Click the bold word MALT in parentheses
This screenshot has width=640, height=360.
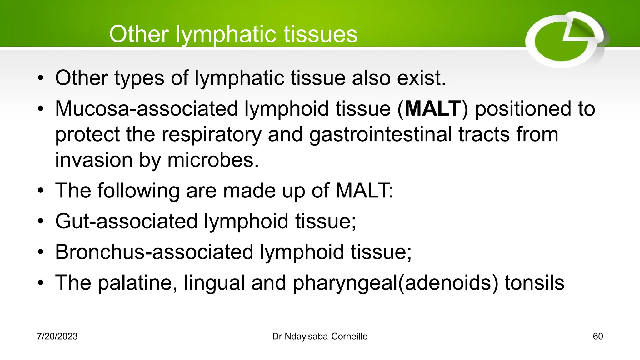click(433, 109)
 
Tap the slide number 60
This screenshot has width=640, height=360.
click(598, 337)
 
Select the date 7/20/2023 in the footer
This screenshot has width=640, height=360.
click(57, 337)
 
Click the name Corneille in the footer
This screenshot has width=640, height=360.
click(349, 337)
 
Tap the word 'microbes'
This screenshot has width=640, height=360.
click(213, 160)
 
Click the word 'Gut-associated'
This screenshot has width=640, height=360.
click(126, 221)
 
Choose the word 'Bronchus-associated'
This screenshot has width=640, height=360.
click(154, 252)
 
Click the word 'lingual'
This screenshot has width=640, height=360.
click(214, 283)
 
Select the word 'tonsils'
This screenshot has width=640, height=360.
click(534, 283)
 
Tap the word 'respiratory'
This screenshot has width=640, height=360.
click(211, 134)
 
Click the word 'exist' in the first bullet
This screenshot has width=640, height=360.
click(421, 78)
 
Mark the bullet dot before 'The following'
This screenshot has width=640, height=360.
click(40, 191)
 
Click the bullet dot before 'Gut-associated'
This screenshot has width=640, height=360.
click(40, 222)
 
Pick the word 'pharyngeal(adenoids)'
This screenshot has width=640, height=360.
click(395, 283)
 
